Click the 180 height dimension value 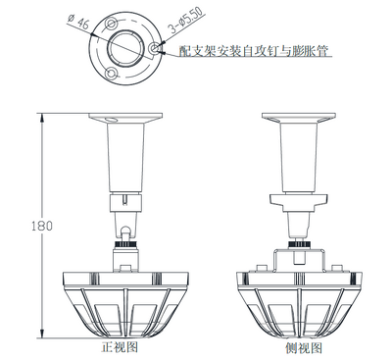point(42,226)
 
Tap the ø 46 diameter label point(78,22)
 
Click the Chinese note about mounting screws point(254,51)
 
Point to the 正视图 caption point(120,346)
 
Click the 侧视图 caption point(304,347)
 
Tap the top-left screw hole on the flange point(112,23)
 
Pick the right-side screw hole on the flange point(154,48)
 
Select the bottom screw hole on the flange point(112,74)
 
